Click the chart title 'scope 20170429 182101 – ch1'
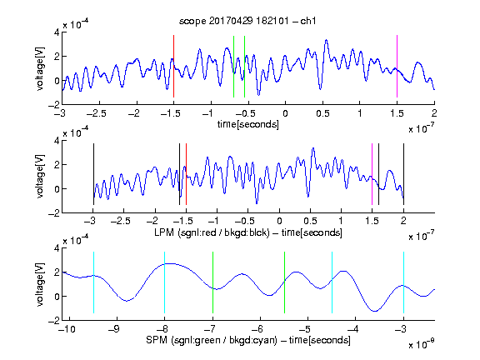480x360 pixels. point(247,21)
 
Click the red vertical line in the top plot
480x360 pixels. point(173,66)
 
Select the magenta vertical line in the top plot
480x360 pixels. point(397,66)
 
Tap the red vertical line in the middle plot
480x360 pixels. point(186,174)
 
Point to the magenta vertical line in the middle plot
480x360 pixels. point(372,174)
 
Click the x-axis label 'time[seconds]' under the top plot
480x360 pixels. point(248,124)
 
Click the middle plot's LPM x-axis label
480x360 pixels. point(248,232)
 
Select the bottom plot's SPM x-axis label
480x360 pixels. point(248,340)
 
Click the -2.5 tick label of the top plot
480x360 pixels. point(96,113)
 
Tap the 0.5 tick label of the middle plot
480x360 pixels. point(310,221)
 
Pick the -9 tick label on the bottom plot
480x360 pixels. point(114,329)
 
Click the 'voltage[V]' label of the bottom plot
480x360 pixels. point(40,284)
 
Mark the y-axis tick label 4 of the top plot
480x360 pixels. point(57,32)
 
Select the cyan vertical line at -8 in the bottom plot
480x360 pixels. point(165,282)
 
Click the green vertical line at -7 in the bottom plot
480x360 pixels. point(212,282)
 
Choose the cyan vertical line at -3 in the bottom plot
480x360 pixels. point(404,282)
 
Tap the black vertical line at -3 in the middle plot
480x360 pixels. point(93,174)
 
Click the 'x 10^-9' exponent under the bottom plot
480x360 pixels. point(422,344)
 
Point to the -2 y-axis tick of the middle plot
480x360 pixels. point(54,213)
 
